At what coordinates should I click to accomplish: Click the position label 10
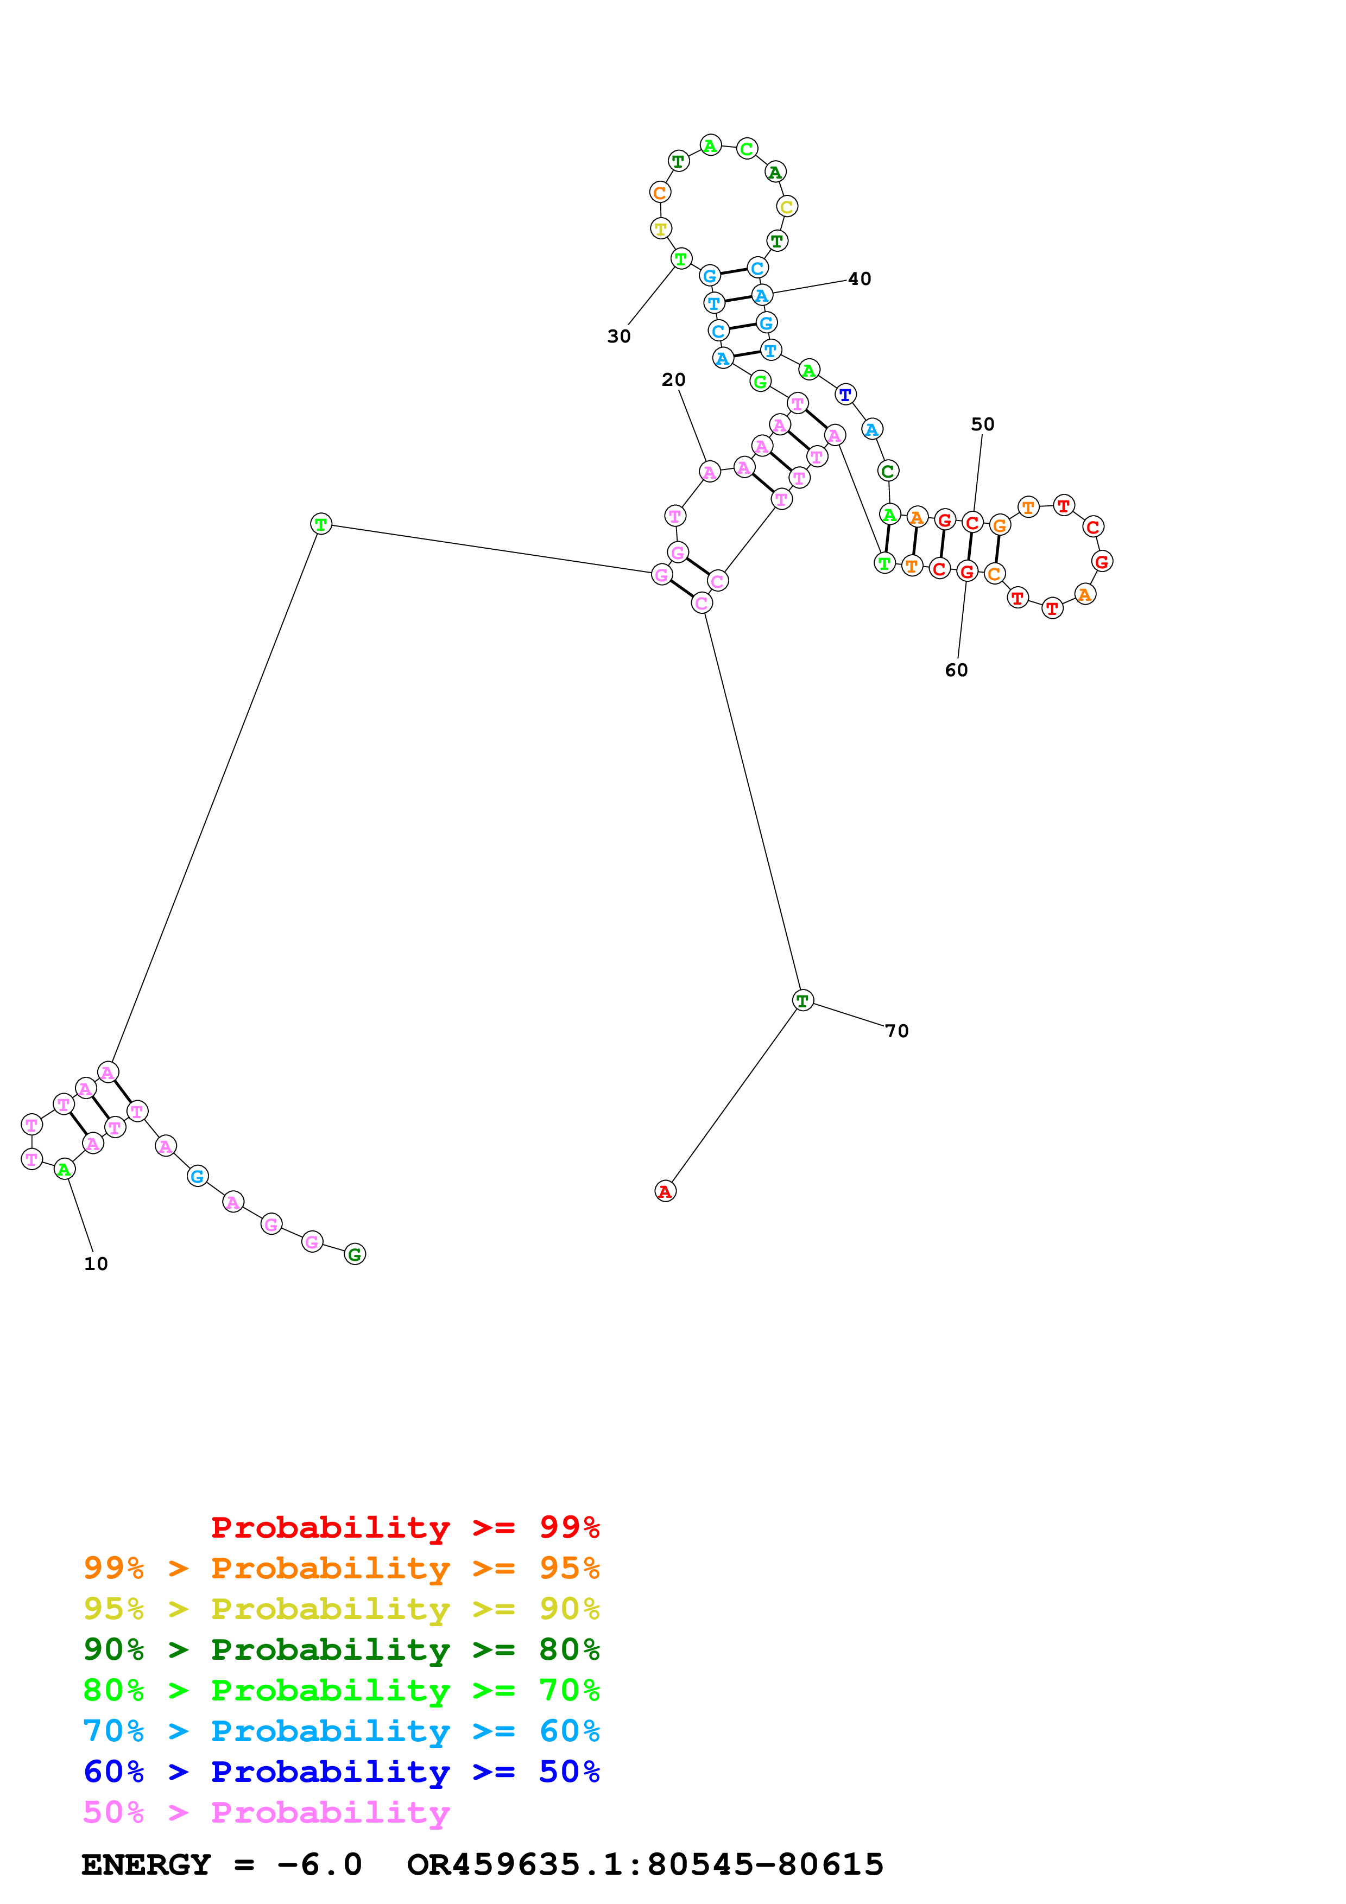[96, 1264]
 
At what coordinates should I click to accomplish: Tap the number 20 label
[673, 380]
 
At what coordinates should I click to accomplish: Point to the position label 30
[618, 337]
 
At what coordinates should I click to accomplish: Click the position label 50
[983, 424]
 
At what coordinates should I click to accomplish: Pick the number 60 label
[956, 670]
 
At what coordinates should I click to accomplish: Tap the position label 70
[896, 1031]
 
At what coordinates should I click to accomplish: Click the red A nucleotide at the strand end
[665, 1192]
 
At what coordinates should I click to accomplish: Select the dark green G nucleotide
[355, 1255]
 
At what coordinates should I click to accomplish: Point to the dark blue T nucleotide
[845, 395]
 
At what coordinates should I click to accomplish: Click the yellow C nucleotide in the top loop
[786, 206]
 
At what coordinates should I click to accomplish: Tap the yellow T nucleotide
[661, 228]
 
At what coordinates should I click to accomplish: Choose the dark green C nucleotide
[887, 471]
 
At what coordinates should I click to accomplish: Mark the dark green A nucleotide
[775, 173]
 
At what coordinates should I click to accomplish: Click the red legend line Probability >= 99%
[405, 1527]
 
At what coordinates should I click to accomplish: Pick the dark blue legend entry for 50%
[341, 1772]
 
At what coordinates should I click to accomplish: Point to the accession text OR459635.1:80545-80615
[645, 1865]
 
